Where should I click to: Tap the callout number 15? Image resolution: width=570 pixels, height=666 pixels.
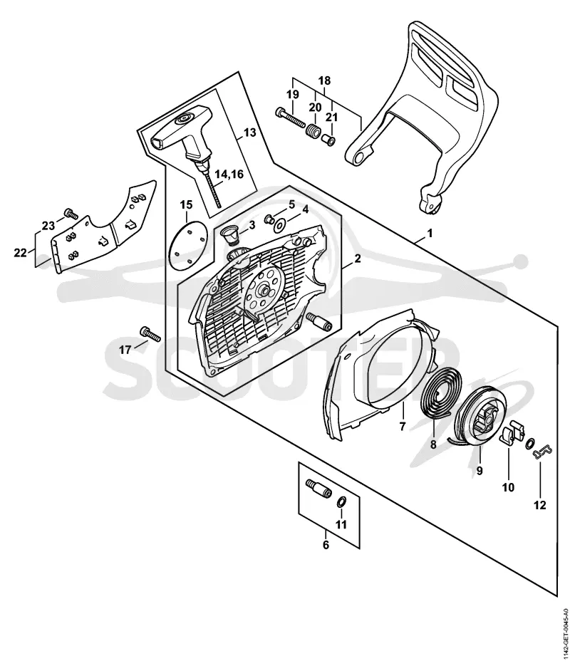186,204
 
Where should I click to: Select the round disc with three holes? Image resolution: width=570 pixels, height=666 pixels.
186,246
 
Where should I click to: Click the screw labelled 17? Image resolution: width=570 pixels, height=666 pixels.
149,333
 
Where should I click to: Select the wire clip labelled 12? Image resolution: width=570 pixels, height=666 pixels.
542,452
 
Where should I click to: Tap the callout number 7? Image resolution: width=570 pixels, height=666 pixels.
403,426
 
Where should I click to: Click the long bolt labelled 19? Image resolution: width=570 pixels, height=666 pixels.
291,118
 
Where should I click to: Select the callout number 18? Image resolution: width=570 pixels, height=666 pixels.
324,80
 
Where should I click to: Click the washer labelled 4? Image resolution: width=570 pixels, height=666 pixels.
280,224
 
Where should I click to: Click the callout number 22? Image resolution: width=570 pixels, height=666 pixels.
19,253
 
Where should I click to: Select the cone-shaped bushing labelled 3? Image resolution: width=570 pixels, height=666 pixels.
231,234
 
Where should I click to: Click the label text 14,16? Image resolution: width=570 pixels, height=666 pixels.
229,174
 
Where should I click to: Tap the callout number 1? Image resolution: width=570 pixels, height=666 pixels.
430,233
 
